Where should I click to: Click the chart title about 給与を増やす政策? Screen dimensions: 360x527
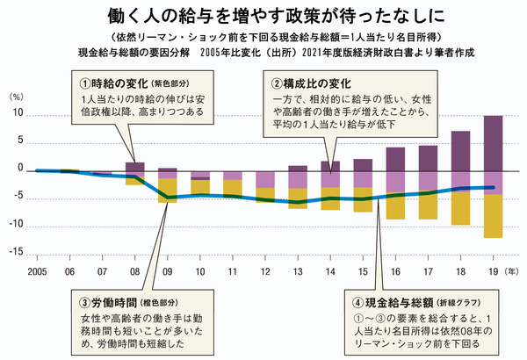(x=263, y=16)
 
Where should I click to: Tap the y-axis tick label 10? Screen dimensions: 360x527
(x=18, y=115)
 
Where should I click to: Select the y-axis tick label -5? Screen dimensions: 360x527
(x=17, y=197)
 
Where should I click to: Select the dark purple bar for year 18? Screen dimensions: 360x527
(x=460, y=150)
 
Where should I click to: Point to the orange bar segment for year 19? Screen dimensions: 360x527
(x=493, y=216)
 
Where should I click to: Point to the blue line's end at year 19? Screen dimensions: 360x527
(x=493, y=187)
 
